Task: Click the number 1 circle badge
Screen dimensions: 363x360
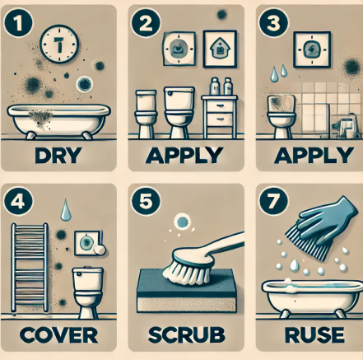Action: (18, 23)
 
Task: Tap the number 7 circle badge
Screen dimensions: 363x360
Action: (273, 202)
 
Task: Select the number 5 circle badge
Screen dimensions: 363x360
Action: (146, 202)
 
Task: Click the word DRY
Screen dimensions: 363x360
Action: (58, 156)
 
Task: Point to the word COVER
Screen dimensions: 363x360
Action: (58, 335)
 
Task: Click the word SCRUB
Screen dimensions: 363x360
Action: (186, 335)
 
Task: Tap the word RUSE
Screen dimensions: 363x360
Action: (314, 335)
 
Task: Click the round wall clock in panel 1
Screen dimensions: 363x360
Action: (59, 44)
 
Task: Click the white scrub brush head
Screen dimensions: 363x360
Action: (188, 266)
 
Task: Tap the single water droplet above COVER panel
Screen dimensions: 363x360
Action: (65, 210)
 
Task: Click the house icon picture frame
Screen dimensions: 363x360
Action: (220, 49)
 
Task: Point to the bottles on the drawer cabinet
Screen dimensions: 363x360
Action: (221, 86)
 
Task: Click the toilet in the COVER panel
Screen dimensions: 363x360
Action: (88, 292)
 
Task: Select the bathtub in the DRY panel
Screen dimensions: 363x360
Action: (58, 121)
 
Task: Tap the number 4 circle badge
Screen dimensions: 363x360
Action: (18, 202)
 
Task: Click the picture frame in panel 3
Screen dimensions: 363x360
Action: (311, 49)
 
